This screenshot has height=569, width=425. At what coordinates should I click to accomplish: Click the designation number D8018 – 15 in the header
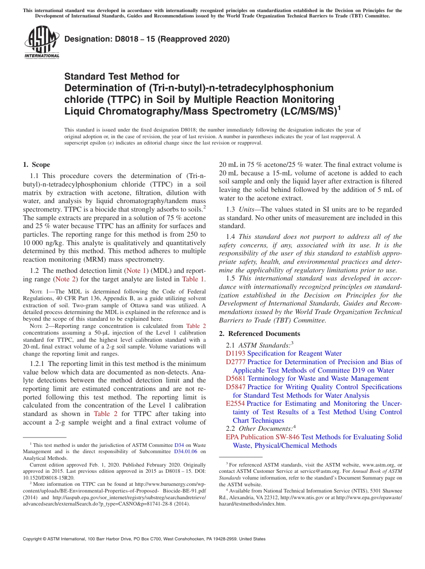pyautogui.click(x=147, y=39)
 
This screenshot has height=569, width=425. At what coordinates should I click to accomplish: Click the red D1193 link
pyautogui.click(x=235, y=353)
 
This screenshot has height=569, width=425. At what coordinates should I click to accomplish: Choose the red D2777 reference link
pyautogui.click(x=235, y=362)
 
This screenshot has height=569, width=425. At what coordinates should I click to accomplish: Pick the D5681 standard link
pyautogui.click(x=235, y=378)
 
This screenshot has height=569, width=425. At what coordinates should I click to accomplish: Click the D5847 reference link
pyautogui.click(x=235, y=387)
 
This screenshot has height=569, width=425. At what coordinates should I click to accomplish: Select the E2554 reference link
pyautogui.click(x=235, y=403)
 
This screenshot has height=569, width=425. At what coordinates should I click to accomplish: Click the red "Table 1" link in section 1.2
pyautogui.click(x=193, y=279)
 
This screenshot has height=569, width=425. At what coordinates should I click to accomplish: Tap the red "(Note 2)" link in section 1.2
pyautogui.click(x=65, y=279)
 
